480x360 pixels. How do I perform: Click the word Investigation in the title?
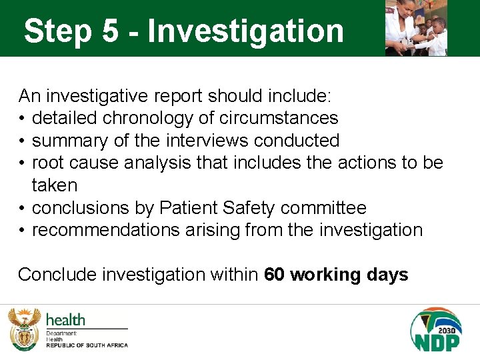tap(246, 31)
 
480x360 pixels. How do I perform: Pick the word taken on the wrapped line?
tap(55, 185)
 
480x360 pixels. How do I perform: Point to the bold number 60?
tap(275, 275)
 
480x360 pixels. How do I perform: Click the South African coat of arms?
tap(24, 328)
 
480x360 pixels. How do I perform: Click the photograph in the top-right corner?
tap(416, 28)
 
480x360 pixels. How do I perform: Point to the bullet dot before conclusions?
tap(22, 208)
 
